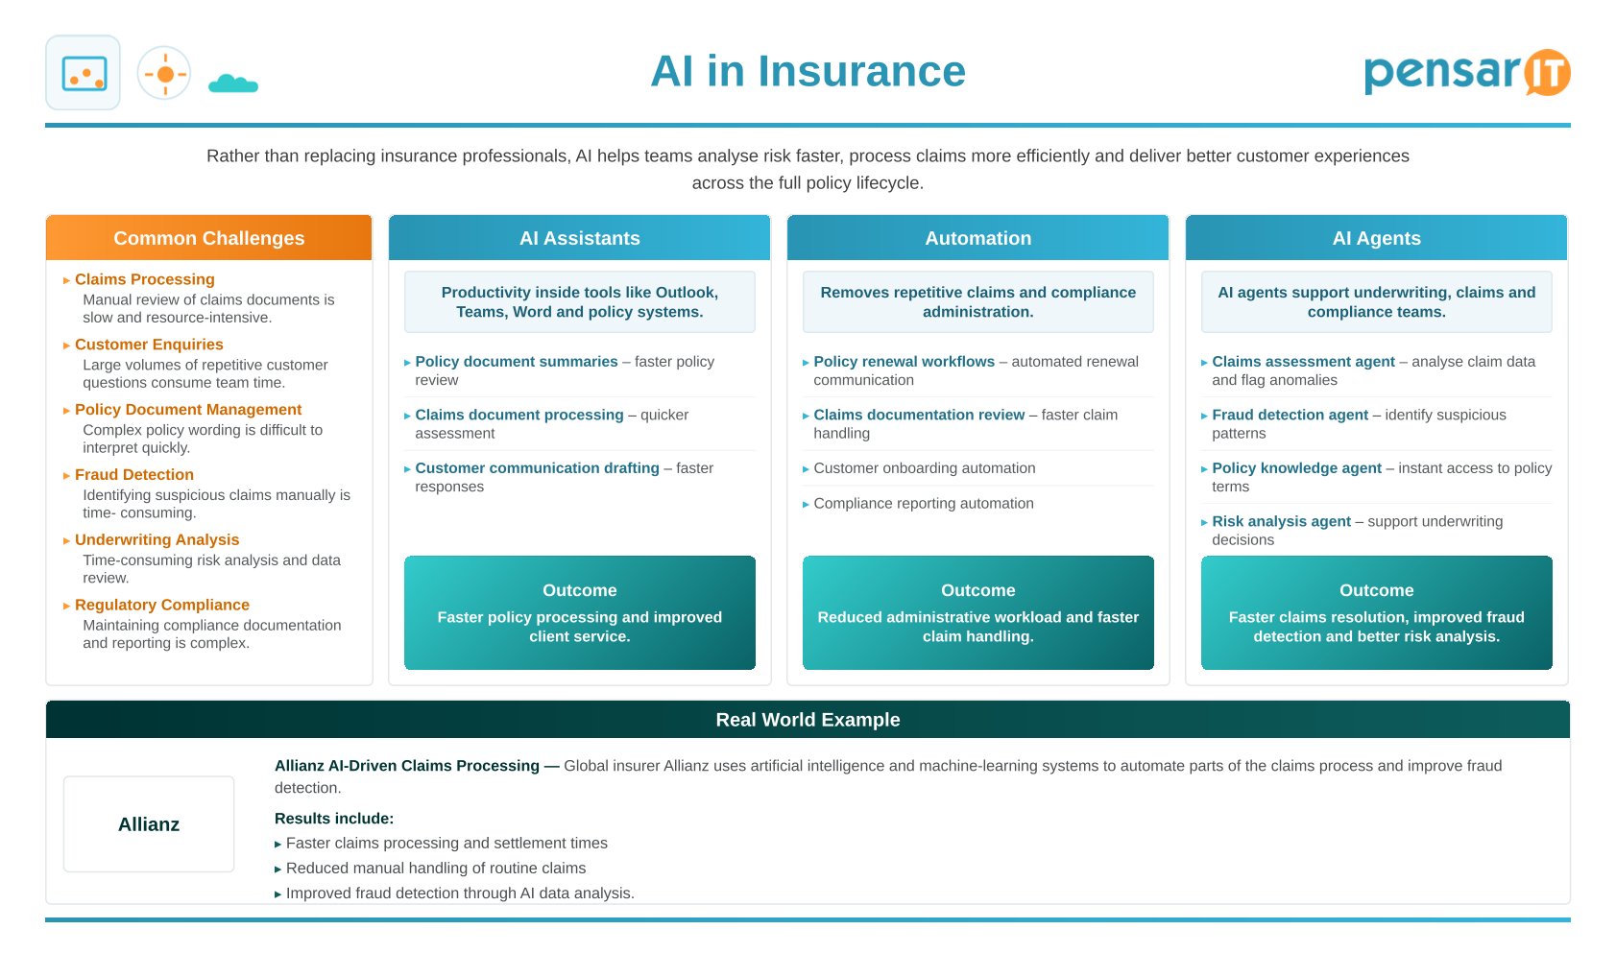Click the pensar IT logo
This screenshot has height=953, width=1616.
[x=1467, y=72]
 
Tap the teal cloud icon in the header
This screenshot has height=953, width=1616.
[x=233, y=83]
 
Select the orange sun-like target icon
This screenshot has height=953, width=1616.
[x=164, y=74]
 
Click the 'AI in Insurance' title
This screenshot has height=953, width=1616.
[x=808, y=71]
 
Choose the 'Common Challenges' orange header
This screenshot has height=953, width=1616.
[x=209, y=238]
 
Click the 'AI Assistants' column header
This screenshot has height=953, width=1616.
[x=579, y=238]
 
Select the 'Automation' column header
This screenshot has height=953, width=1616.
[x=977, y=238]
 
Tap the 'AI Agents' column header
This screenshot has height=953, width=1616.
[x=1377, y=238]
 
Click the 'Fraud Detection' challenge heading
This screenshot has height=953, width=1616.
[x=134, y=474]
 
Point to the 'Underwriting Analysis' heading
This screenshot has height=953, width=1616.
[x=157, y=539]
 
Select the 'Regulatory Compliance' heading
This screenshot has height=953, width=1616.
[x=161, y=605]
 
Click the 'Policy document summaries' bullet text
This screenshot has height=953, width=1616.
[x=517, y=361]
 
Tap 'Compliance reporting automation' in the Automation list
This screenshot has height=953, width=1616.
[x=924, y=503]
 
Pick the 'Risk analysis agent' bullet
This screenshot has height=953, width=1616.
[x=1281, y=521]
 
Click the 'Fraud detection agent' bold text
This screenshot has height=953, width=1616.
[x=1290, y=415]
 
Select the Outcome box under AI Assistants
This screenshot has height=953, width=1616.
[x=579, y=612]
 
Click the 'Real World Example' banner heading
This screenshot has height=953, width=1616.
[x=808, y=720]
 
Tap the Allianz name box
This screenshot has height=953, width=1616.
[x=149, y=824]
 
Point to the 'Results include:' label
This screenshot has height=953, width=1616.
[x=334, y=819]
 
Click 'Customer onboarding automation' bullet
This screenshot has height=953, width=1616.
[x=924, y=467]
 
